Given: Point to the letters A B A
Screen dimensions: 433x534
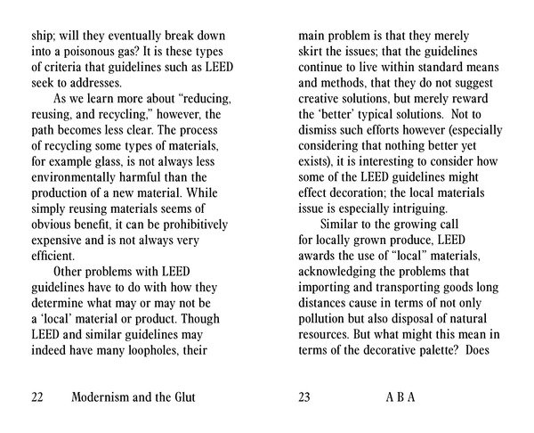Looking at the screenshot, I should click(x=399, y=397).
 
